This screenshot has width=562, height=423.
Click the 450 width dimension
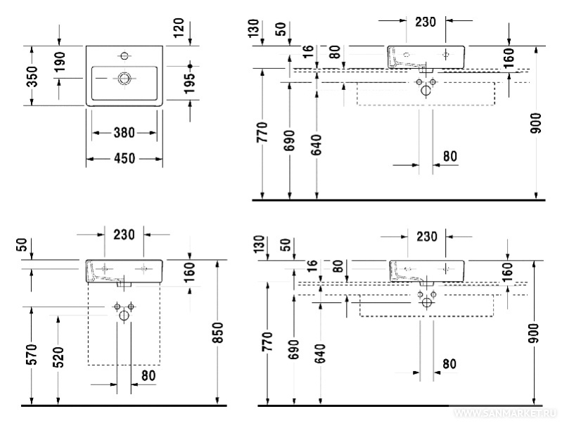[124, 160]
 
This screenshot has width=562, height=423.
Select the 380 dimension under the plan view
[124, 133]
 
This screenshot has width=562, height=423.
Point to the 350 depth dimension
[32, 76]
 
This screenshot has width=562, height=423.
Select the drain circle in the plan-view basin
[125, 77]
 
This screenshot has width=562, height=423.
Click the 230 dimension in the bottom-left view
[123, 235]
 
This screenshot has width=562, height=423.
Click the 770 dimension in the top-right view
[262, 132]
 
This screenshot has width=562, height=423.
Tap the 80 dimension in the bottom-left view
[148, 376]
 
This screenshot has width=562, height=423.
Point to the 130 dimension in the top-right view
[262, 28]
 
